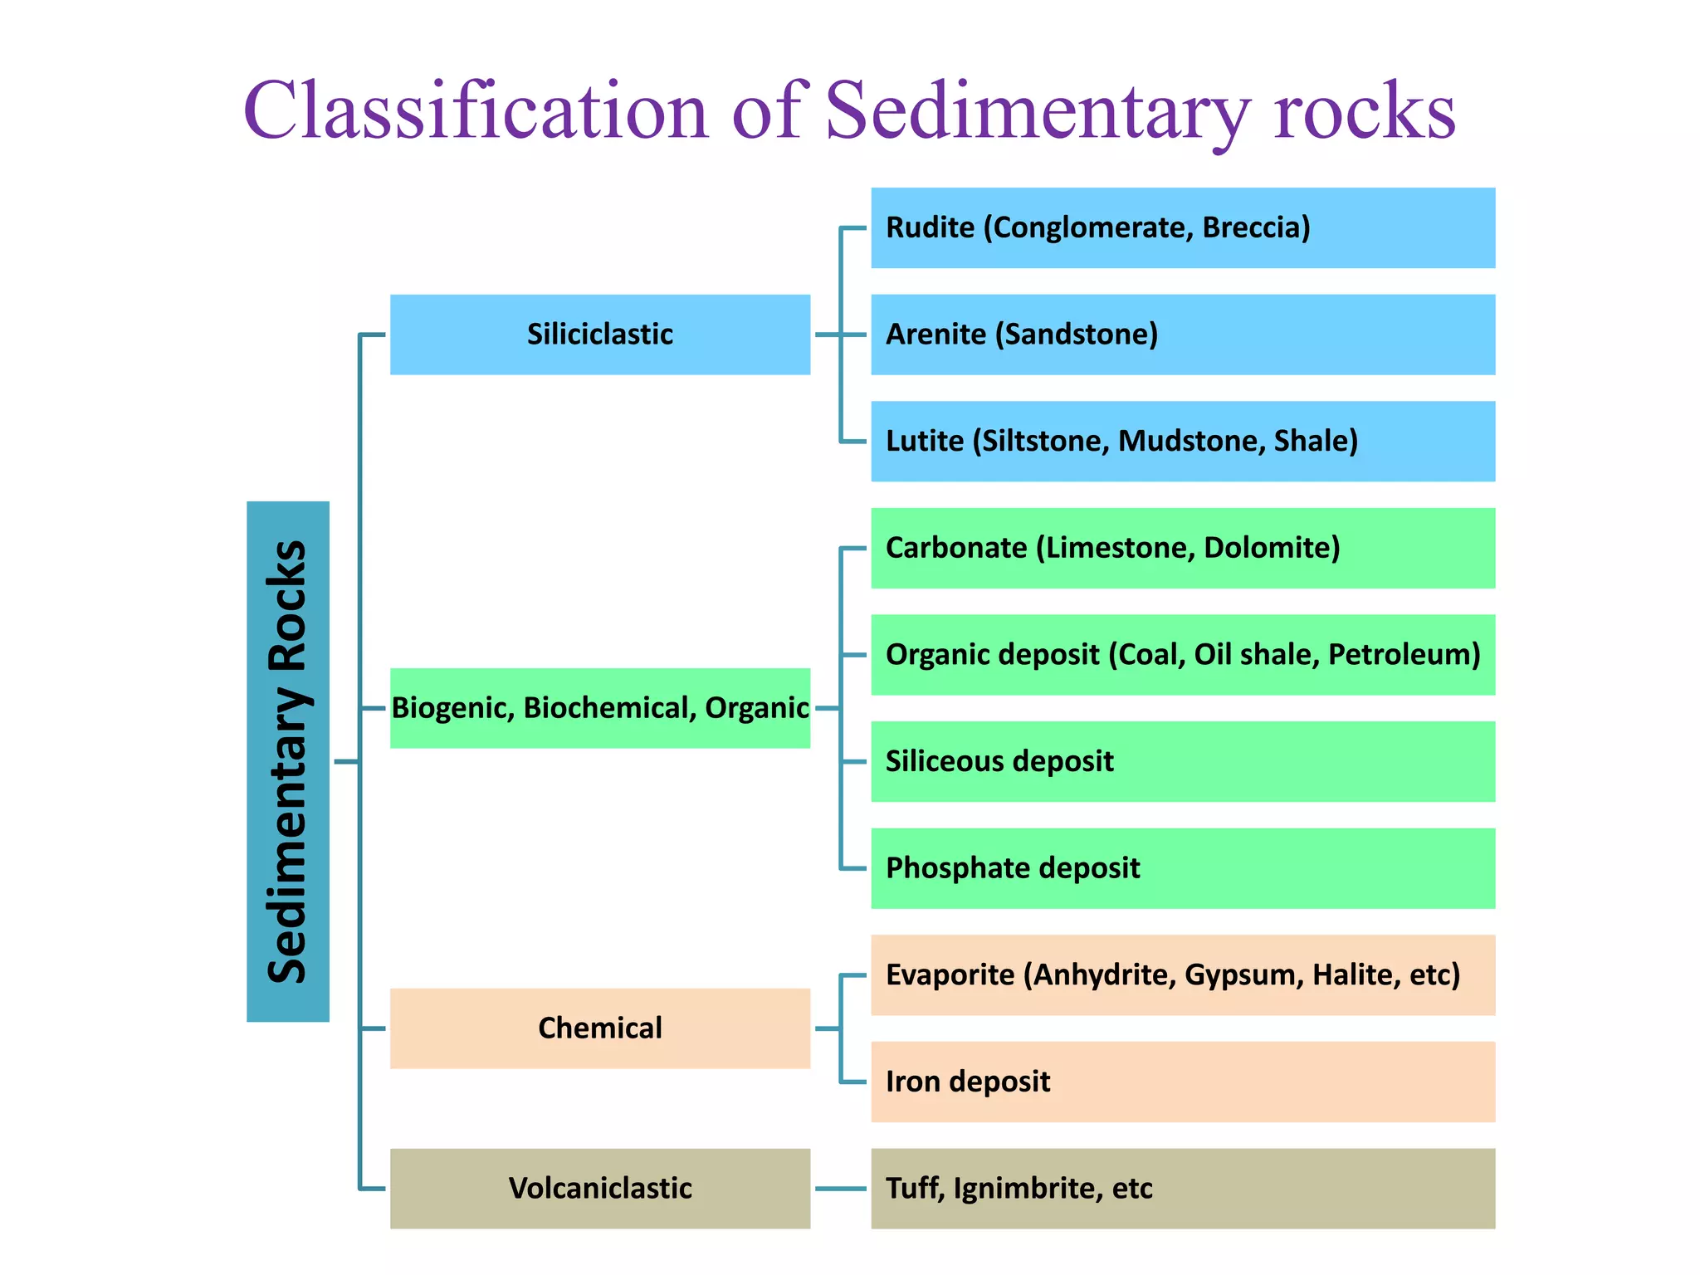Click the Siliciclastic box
(x=599, y=335)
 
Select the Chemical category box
(x=599, y=1028)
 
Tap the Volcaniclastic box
(x=599, y=1188)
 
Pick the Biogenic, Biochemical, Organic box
(x=599, y=708)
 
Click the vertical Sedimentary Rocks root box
(x=288, y=761)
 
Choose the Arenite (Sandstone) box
(x=1182, y=335)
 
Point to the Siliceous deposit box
(x=1182, y=761)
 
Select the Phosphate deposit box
(x=1182, y=868)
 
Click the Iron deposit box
(x=1182, y=1082)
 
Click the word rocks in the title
(x=1365, y=111)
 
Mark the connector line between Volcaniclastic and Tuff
(x=840, y=1189)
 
